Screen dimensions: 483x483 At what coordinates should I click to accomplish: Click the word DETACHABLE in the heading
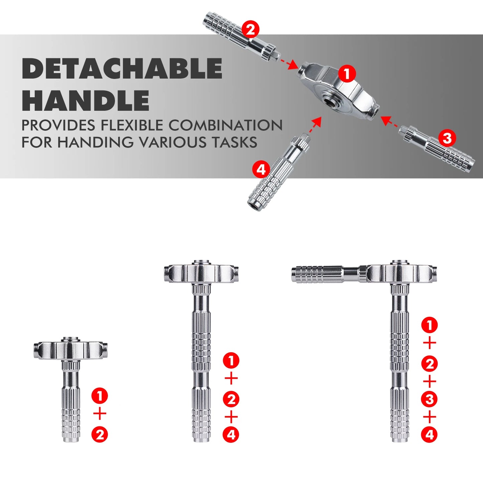pos(122,69)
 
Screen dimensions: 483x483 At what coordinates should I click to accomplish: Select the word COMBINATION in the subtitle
pos(225,125)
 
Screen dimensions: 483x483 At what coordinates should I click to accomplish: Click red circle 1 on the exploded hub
pos(347,73)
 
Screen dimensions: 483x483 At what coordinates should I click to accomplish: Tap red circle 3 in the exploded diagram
pos(447,138)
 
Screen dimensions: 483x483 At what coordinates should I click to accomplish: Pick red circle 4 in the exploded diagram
pos(261,169)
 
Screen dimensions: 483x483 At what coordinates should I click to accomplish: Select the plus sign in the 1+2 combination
pos(100,414)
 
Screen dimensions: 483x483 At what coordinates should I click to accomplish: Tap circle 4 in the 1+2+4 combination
pos(231,435)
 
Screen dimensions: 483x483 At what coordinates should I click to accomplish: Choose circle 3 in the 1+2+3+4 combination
pos(430,399)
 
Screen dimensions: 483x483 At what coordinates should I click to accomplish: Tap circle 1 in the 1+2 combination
pos(100,396)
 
